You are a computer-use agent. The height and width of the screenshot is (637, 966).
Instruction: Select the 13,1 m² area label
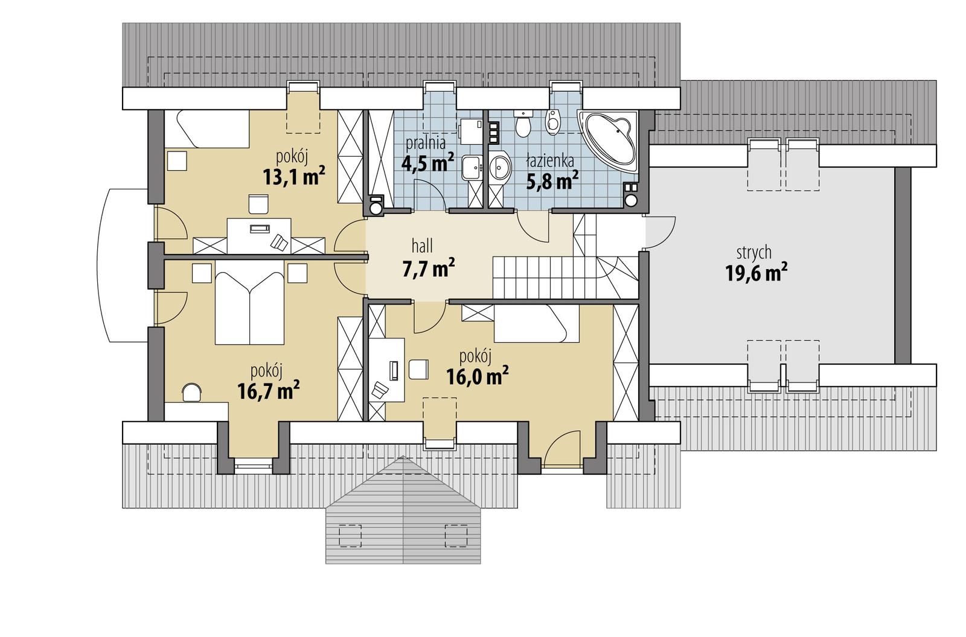pyautogui.click(x=293, y=177)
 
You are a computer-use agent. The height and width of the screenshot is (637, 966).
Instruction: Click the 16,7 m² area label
pyautogui.click(x=269, y=391)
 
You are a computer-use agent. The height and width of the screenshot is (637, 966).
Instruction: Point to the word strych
pyautogui.click(x=754, y=253)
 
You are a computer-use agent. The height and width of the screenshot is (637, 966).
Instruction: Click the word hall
pyautogui.click(x=422, y=246)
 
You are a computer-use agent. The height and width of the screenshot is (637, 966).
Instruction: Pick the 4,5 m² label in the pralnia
pyautogui.click(x=427, y=163)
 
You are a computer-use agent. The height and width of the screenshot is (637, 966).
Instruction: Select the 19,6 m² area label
pyautogui.click(x=756, y=273)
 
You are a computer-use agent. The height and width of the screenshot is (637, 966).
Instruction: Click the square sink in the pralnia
pyautogui.click(x=472, y=168)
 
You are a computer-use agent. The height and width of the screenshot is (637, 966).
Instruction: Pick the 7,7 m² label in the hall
pyautogui.click(x=429, y=267)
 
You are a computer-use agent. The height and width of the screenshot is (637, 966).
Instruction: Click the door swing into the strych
pyautogui.click(x=660, y=232)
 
